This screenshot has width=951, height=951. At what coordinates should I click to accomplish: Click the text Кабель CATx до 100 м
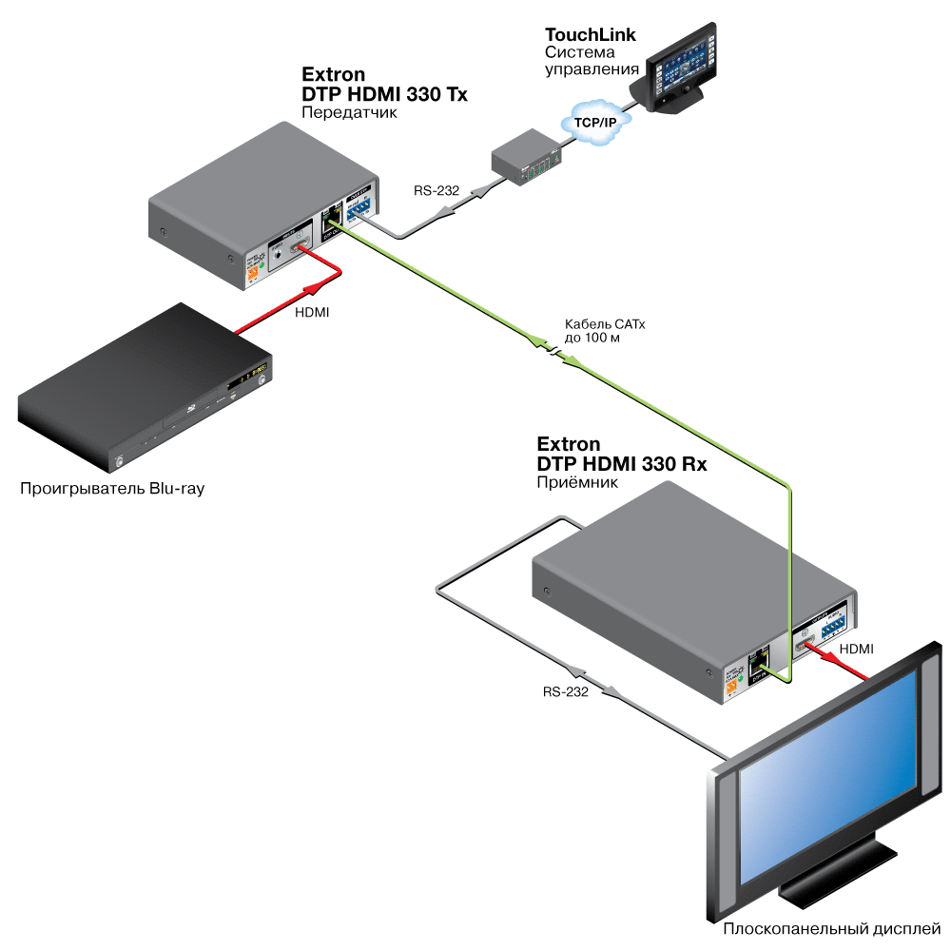point(605,331)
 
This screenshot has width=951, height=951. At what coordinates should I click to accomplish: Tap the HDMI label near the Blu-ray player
point(313,312)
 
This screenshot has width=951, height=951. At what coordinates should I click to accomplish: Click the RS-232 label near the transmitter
point(437,191)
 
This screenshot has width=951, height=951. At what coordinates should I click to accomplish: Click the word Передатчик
point(348,112)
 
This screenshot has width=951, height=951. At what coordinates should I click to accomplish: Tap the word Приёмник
point(577,482)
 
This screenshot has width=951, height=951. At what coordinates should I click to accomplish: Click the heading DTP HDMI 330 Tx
point(384,94)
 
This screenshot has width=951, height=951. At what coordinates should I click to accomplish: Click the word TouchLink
point(590,35)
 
